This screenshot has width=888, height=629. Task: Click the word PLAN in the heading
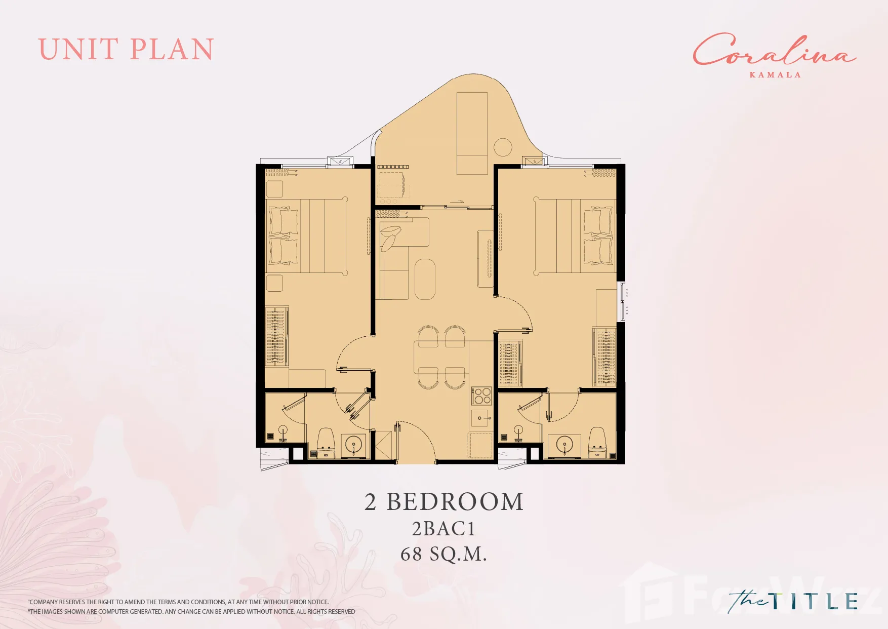click(172, 50)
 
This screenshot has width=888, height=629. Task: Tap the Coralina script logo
click(774, 50)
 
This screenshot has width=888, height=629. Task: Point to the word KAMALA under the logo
click(775, 75)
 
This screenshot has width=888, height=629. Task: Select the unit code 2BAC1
click(443, 529)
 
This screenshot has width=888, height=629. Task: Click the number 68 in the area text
click(411, 554)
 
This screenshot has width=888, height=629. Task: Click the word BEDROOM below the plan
click(455, 502)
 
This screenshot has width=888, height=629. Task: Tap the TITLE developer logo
click(793, 601)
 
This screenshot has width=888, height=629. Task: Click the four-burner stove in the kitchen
click(481, 396)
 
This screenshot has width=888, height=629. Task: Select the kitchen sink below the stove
click(481, 418)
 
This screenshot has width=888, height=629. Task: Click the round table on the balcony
click(503, 147)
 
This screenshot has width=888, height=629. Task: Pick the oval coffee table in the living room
click(425, 279)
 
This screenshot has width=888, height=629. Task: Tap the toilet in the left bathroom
click(326, 439)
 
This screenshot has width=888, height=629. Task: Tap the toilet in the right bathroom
click(597, 439)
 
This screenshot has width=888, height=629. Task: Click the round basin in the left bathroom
click(353, 445)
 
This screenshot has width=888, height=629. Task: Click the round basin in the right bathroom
click(564, 445)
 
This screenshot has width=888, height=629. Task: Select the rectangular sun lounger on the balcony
click(472, 133)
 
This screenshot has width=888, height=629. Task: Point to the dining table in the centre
click(441, 357)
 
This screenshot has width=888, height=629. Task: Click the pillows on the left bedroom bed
click(283, 235)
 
